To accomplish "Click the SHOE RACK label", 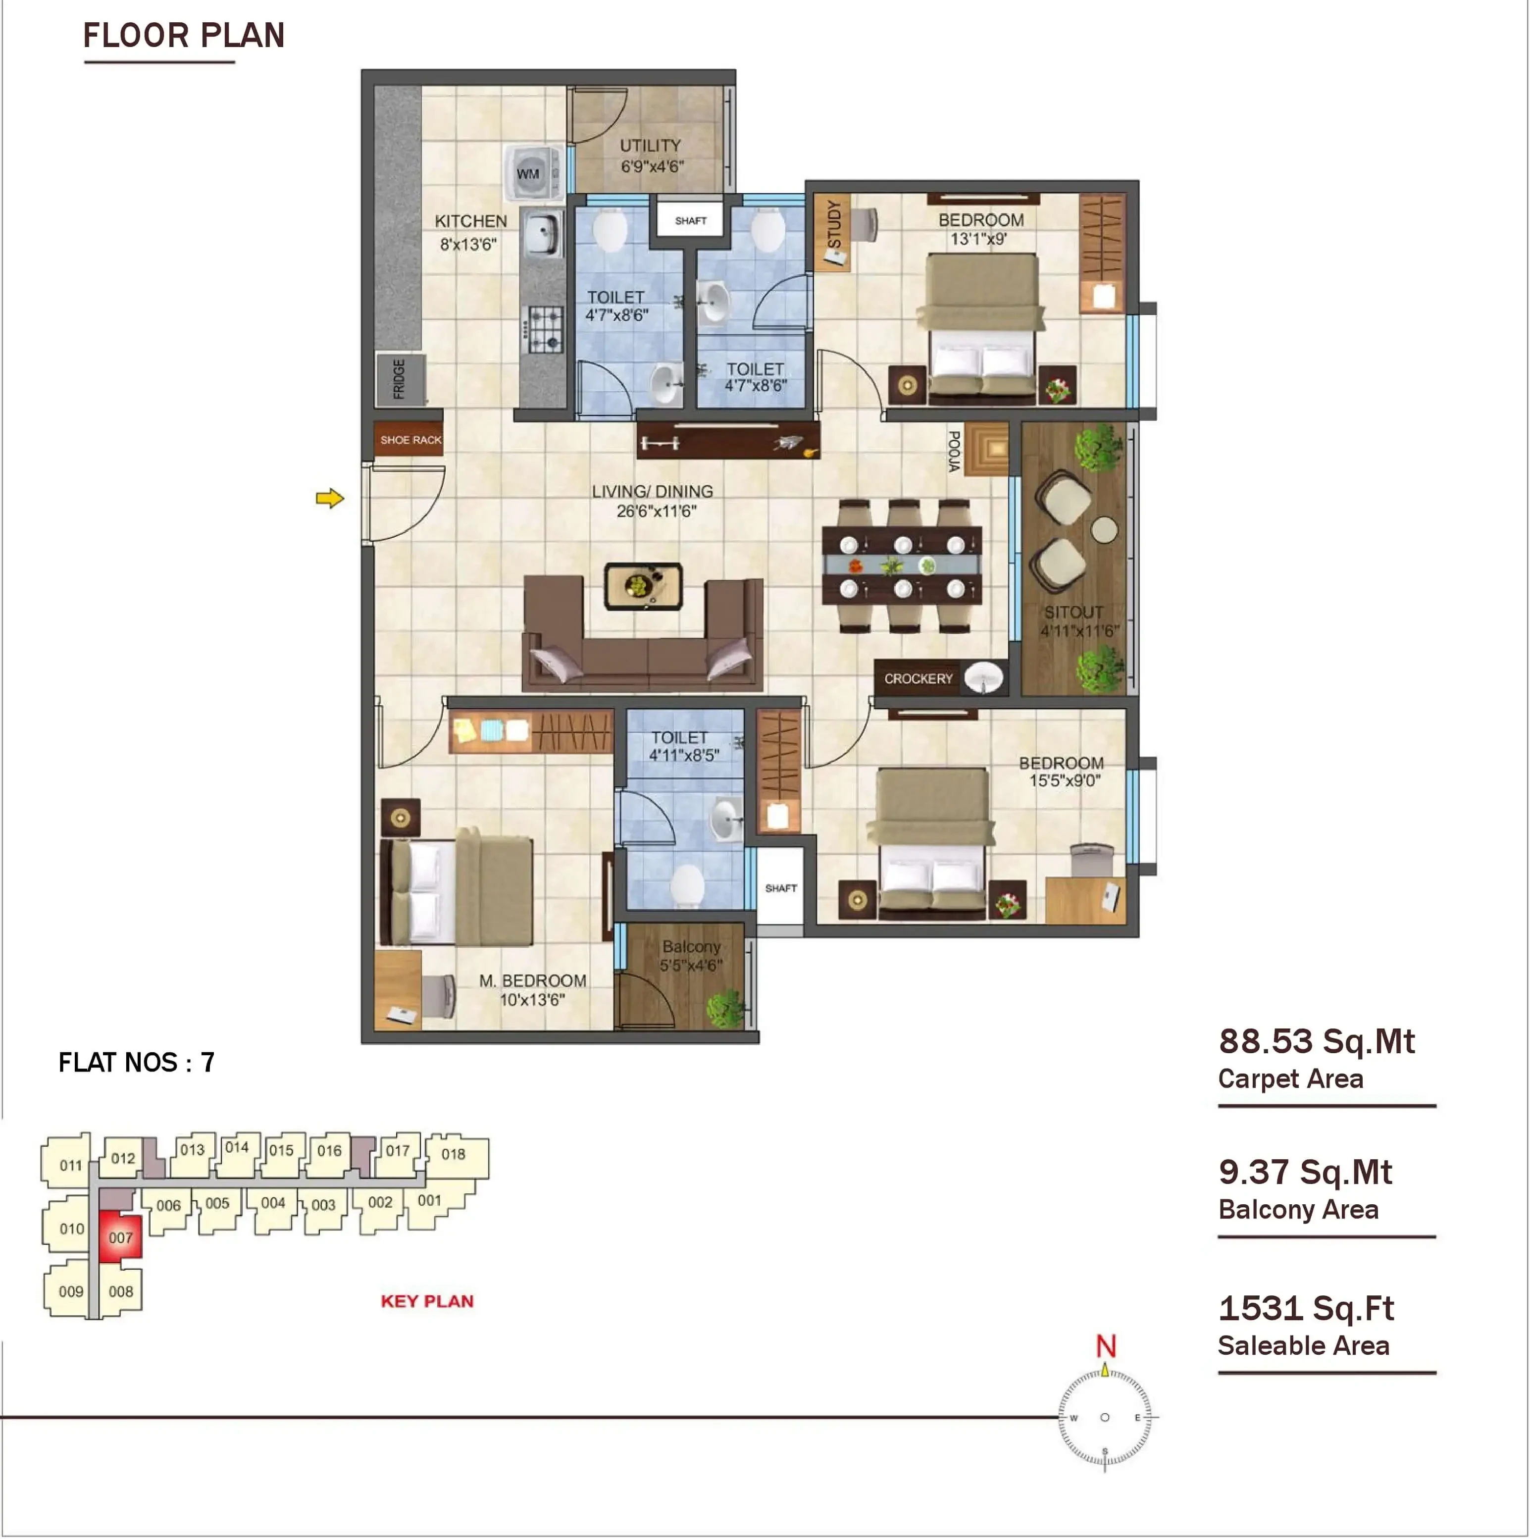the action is click(410, 440).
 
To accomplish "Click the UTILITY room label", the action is click(651, 146).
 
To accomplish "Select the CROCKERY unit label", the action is click(918, 679).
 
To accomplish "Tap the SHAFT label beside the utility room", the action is click(691, 221).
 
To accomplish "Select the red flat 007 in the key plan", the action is click(121, 1237).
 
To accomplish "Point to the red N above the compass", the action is click(1106, 1346).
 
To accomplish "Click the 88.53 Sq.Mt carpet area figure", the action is click(1317, 1041).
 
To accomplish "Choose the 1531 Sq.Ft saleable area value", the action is click(1306, 1308).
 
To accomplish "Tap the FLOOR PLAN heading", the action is click(184, 36).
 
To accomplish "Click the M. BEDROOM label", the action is click(533, 980).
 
